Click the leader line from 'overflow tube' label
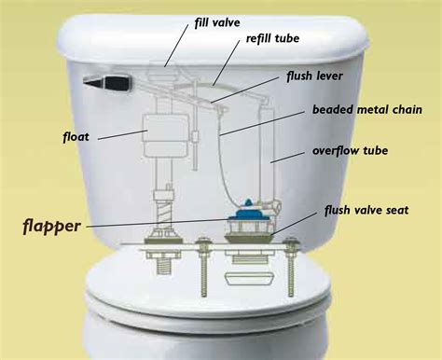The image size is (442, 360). pos(294,156)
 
